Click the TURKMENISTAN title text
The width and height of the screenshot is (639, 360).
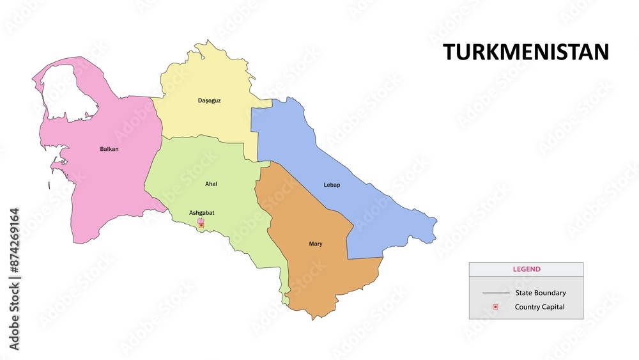click(x=526, y=52)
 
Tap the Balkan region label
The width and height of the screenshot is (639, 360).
click(x=109, y=149)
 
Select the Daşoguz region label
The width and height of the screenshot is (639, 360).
click(x=209, y=100)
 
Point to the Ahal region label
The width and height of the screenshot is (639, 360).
click(x=211, y=184)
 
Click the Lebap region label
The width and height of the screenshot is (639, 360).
click(x=332, y=185)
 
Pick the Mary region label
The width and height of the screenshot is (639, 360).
click(x=316, y=244)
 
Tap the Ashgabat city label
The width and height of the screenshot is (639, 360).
click(x=202, y=212)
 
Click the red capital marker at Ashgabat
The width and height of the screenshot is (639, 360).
click(x=201, y=225)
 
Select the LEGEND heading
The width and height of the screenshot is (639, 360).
click(x=527, y=269)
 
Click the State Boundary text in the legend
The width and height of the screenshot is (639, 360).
click(x=541, y=293)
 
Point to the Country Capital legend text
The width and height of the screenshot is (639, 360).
click(x=540, y=307)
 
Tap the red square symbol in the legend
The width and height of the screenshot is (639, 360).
click(x=495, y=307)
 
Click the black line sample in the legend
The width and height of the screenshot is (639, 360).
click(x=496, y=293)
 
